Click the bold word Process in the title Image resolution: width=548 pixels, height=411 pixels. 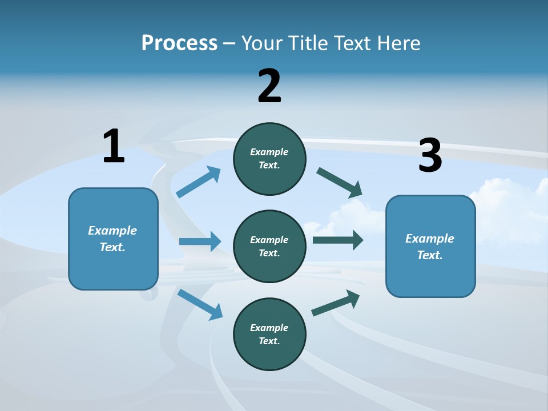pos(179,43)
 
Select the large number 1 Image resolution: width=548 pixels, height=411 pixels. pos(114,147)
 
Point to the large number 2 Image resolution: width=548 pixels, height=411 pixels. pos(269,86)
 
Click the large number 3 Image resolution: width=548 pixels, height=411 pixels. pos(430,156)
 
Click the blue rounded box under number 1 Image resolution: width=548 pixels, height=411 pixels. pos(113,239)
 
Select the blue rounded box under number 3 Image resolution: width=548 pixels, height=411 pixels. pos(430,246)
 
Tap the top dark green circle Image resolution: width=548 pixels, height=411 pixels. pos(269,159)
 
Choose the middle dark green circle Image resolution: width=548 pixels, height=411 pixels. pos(269,246)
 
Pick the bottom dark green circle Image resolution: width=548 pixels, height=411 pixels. pos(269,334)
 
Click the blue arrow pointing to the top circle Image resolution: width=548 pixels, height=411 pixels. pos(199,182)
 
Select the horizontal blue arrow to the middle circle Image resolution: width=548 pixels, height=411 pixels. pos(199,241)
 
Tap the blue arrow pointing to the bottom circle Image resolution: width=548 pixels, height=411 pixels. pos(200,304)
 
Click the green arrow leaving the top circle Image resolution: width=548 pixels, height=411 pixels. pos(339,182)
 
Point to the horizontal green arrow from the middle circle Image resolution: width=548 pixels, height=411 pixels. pos(337,240)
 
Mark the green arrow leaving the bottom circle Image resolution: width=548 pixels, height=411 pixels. pos(336,303)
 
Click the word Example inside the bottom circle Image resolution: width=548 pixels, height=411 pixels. pos(269,328)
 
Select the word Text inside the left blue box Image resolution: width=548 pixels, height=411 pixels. pos(112,247)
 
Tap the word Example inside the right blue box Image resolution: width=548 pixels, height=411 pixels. pos(430,239)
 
